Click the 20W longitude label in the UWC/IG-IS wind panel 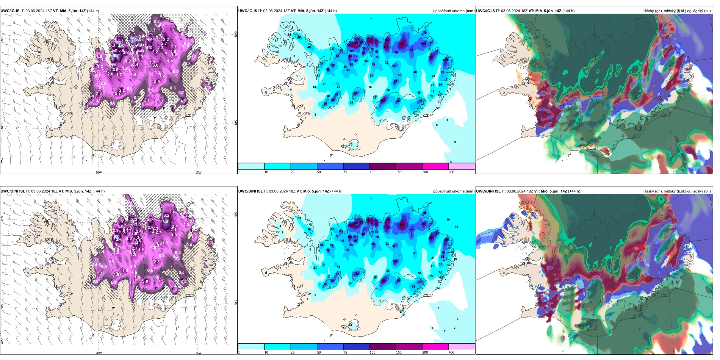[x=99, y=172]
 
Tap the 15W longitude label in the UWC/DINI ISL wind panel [x=198, y=353]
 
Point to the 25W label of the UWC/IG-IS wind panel [x=2, y=160]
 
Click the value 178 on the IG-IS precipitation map [x=370, y=41]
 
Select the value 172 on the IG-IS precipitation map [x=386, y=47]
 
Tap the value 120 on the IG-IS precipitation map [x=445, y=60]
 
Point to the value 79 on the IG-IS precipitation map [x=387, y=39]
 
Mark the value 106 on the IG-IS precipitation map [x=333, y=65]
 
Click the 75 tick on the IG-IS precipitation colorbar [x=345, y=172]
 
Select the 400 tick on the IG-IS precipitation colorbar [x=451, y=172]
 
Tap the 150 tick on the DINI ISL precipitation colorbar [x=399, y=352]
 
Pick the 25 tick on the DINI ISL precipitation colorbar [x=293, y=352]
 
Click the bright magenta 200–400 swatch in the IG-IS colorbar [x=435, y=166]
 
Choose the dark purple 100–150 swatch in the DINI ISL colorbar [x=383, y=347]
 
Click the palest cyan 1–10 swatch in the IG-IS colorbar [x=251, y=166]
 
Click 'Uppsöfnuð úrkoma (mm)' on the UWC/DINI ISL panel [x=453, y=191]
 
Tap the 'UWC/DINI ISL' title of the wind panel [x=13, y=191]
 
